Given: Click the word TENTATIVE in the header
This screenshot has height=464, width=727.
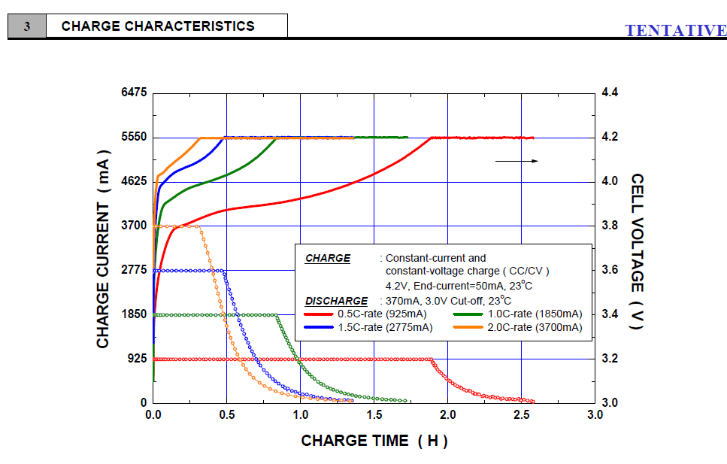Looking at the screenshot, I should point(675,31).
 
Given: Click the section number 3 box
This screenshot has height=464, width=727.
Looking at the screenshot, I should point(27,26).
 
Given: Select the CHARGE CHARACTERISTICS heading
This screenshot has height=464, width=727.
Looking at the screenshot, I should point(158,26).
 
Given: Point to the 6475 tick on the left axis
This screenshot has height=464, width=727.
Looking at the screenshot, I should point(133,92).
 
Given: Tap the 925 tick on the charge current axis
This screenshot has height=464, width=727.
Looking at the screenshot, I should point(136,359).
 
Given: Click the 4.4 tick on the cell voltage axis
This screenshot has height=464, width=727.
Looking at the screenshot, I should point(610,92).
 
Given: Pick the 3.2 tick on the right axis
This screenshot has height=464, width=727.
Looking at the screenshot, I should point(610,359).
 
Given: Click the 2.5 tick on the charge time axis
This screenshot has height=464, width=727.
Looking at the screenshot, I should point(522,415).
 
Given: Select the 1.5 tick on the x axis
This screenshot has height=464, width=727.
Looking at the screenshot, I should point(374,415).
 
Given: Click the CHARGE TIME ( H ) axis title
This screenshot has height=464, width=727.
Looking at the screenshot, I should point(374,441).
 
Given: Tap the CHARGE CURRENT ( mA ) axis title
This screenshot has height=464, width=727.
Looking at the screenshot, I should point(103,249).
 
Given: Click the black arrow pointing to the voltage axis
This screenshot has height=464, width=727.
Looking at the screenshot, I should point(516,161).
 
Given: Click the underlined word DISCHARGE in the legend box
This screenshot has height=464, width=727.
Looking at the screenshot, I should point(336,301).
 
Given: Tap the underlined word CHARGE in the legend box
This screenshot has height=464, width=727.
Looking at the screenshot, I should point(327,258).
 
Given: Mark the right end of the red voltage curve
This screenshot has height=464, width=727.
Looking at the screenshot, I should point(533,138).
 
